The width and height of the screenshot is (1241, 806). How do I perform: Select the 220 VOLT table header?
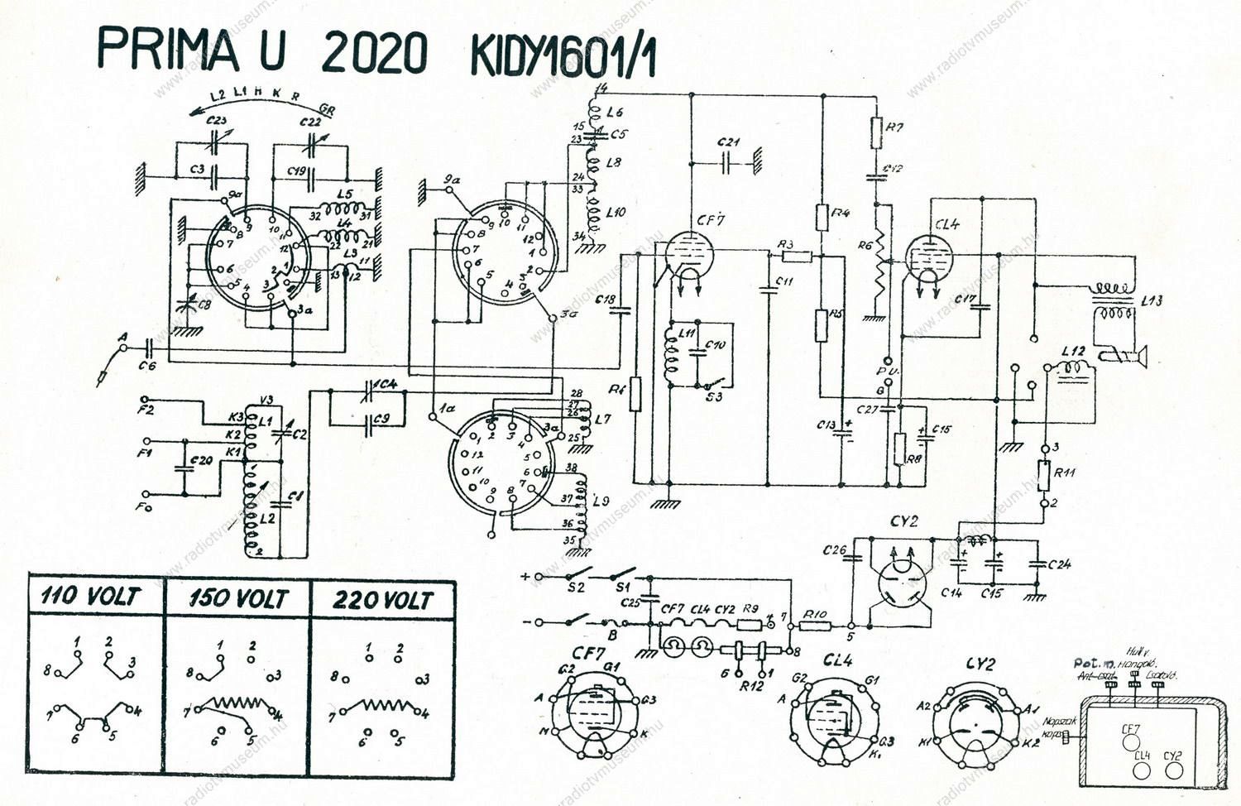coord(383,599)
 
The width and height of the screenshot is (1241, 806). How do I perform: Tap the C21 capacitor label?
coord(729,142)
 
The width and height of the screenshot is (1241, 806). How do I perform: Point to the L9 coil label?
coord(601,501)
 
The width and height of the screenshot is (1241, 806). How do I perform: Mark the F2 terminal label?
coord(146,409)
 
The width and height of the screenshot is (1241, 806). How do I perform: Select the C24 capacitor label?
coord(1059,564)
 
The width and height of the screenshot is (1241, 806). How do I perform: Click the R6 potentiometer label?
coord(865,245)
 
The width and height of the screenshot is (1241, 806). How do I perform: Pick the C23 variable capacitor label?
coord(217,122)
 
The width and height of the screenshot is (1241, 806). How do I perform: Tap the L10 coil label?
coord(616,213)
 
